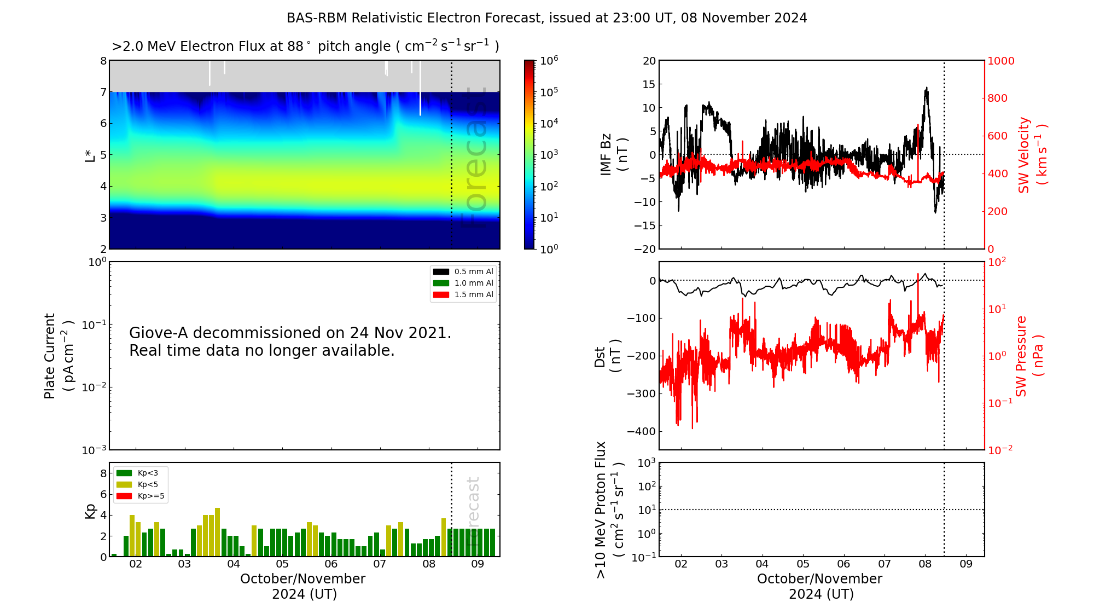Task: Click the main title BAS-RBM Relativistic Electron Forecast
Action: pyautogui.click(x=546, y=18)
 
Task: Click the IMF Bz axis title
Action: pyautogui.click(x=613, y=154)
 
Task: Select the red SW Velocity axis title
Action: pyautogui.click(x=1032, y=154)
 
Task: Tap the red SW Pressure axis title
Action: pyautogui.click(x=1029, y=356)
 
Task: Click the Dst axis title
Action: pyautogui.click(x=607, y=356)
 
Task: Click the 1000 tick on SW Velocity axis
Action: pyautogui.click(x=1000, y=61)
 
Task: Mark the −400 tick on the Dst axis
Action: pyautogui.click(x=641, y=431)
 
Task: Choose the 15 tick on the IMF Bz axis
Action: pyautogui.click(x=649, y=84)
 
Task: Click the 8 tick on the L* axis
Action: pyautogui.click(x=103, y=61)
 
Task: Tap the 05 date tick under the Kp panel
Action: pyautogui.click(x=282, y=564)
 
